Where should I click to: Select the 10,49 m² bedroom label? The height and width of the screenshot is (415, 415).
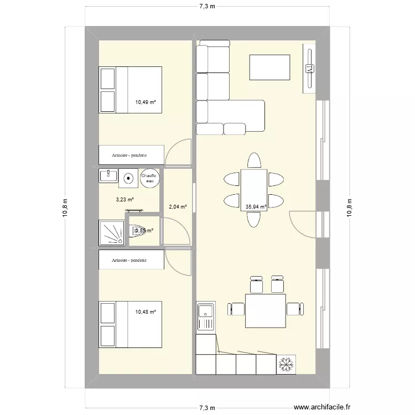[x=146, y=102]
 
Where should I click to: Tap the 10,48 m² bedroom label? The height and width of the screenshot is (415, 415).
[x=146, y=312]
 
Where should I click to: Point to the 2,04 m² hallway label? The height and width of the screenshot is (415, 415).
[x=178, y=207]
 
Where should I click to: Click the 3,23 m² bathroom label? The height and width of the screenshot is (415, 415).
[x=125, y=200]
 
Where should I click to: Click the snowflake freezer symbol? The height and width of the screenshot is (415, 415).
[x=287, y=364]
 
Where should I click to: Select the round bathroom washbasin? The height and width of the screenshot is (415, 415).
[x=129, y=178]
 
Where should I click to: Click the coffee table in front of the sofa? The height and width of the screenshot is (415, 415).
[x=270, y=68]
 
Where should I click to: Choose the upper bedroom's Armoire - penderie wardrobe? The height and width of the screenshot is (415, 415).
[x=132, y=155]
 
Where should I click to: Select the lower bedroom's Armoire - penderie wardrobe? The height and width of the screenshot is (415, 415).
[x=132, y=260]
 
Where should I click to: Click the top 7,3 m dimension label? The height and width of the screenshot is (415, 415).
[x=207, y=7]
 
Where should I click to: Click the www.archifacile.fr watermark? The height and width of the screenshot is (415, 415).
[x=323, y=407]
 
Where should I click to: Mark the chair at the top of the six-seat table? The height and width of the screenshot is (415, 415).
[x=254, y=160]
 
